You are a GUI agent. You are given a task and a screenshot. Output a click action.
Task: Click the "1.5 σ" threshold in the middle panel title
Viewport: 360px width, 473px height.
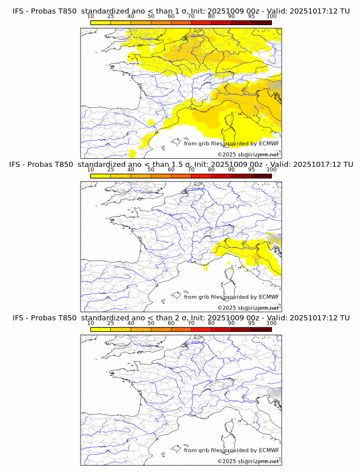click(187, 164)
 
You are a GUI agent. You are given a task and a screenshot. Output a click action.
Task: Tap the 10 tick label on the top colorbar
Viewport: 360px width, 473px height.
click(91, 16)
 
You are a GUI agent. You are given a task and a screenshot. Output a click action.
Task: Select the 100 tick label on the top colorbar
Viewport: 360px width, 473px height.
click(271, 16)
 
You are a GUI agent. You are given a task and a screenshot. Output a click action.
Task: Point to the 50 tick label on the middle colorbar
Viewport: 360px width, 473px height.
click(151, 169)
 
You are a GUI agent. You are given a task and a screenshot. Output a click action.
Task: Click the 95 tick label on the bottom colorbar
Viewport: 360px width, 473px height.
click(251, 323)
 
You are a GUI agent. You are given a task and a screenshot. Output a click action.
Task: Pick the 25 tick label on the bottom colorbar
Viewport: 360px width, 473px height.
click(111, 323)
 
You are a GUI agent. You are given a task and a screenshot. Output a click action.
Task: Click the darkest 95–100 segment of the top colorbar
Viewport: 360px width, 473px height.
click(261, 22)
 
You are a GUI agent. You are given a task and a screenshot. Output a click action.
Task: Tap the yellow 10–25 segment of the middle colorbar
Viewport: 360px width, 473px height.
click(101, 175)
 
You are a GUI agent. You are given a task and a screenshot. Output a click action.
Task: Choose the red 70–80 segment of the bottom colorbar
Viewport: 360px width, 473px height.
click(201, 329)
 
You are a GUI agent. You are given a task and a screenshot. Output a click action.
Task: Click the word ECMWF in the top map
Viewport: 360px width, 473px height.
click(269, 143)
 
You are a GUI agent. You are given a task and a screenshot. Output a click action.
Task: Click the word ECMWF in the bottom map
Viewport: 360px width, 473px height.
click(269, 450)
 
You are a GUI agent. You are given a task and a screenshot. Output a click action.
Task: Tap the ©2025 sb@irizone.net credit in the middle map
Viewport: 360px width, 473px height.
click(248, 308)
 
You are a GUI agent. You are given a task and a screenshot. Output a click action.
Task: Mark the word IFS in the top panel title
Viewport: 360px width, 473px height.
click(18, 11)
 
